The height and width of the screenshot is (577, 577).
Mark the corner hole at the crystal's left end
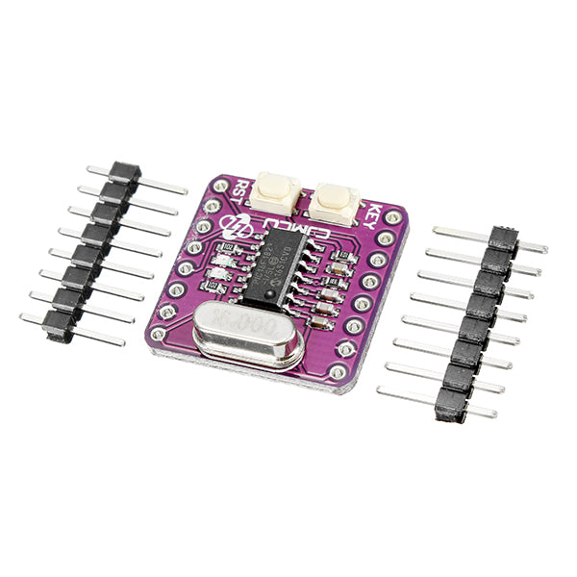(x=157, y=331)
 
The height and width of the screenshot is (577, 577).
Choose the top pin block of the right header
(x=504, y=238)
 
